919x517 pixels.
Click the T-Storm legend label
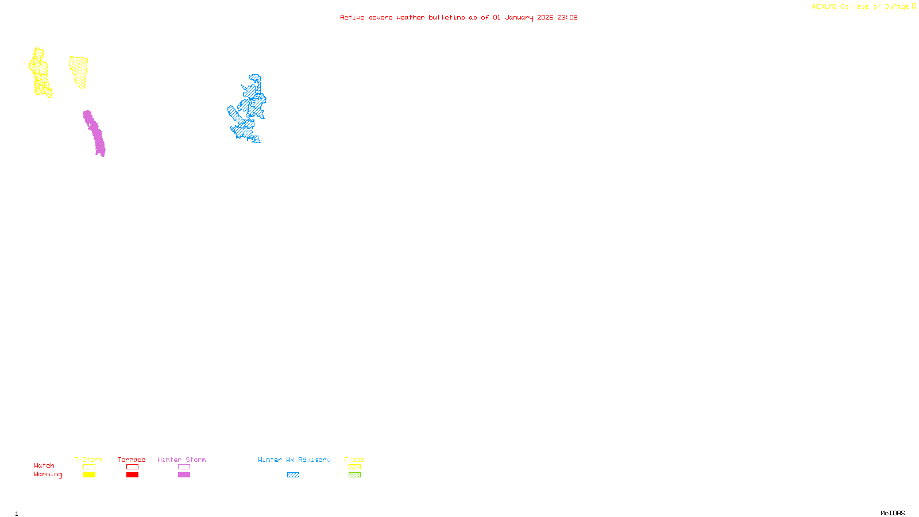tap(88, 460)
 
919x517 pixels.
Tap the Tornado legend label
tap(132, 460)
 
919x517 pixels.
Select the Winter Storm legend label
tap(182, 460)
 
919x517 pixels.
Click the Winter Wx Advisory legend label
tap(294, 460)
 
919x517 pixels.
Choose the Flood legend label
tap(354, 460)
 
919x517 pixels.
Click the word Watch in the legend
tap(44, 465)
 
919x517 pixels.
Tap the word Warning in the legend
tap(48, 474)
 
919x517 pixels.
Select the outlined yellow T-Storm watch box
tap(89, 467)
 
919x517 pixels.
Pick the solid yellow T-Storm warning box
tap(89, 475)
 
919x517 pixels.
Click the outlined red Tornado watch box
tap(132, 467)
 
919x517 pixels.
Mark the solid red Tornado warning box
tap(132, 475)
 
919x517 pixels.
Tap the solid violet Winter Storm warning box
tap(184, 475)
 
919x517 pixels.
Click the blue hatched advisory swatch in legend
tap(293, 475)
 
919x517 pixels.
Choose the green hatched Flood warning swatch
tap(354, 475)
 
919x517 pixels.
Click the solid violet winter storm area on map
tap(95, 133)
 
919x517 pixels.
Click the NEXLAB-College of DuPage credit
tap(861, 7)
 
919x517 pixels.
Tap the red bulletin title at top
tap(458, 17)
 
